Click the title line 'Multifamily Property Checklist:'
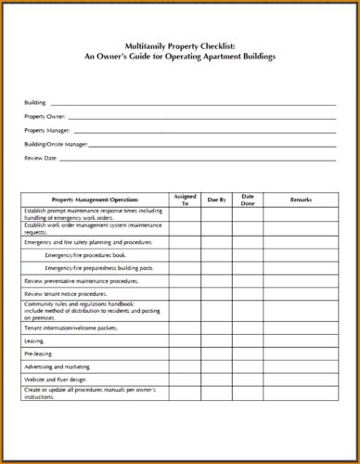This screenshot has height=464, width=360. pyautogui.click(x=180, y=45)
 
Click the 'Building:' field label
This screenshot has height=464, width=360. pyautogui.click(x=35, y=102)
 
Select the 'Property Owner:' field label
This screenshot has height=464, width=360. pyautogui.click(x=45, y=116)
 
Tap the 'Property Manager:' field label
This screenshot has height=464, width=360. pyautogui.click(x=47, y=130)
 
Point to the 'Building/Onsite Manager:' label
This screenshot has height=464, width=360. pyautogui.click(x=56, y=144)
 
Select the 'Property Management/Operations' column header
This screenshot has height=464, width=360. pyautogui.click(x=95, y=200)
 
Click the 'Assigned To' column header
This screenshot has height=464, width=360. pyautogui.click(x=185, y=200)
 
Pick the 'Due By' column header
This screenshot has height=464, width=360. pyautogui.click(x=217, y=200)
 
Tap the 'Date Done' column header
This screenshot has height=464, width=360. pyautogui.click(x=248, y=200)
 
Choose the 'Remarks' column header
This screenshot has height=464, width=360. pyautogui.click(x=301, y=200)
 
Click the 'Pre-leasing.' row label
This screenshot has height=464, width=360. pyautogui.click(x=40, y=354)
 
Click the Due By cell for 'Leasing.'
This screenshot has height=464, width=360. pyautogui.click(x=217, y=341)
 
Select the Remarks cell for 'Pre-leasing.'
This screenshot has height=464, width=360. pyautogui.click(x=301, y=354)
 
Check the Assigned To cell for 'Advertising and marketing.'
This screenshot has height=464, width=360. pyautogui.click(x=185, y=367)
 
